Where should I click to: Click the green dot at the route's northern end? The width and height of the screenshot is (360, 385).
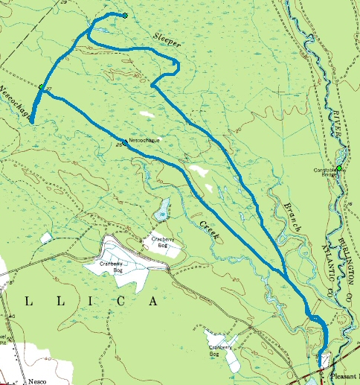coord(126,16)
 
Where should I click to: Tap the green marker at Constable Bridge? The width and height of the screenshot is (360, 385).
coord(339,168)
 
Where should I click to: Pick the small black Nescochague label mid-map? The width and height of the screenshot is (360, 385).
coord(144,139)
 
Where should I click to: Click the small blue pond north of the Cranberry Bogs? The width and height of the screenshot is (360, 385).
coord(161,211)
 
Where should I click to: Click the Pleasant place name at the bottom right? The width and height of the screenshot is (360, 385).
coord(343,379)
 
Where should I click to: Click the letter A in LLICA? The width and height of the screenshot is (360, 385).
coord(154,302)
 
